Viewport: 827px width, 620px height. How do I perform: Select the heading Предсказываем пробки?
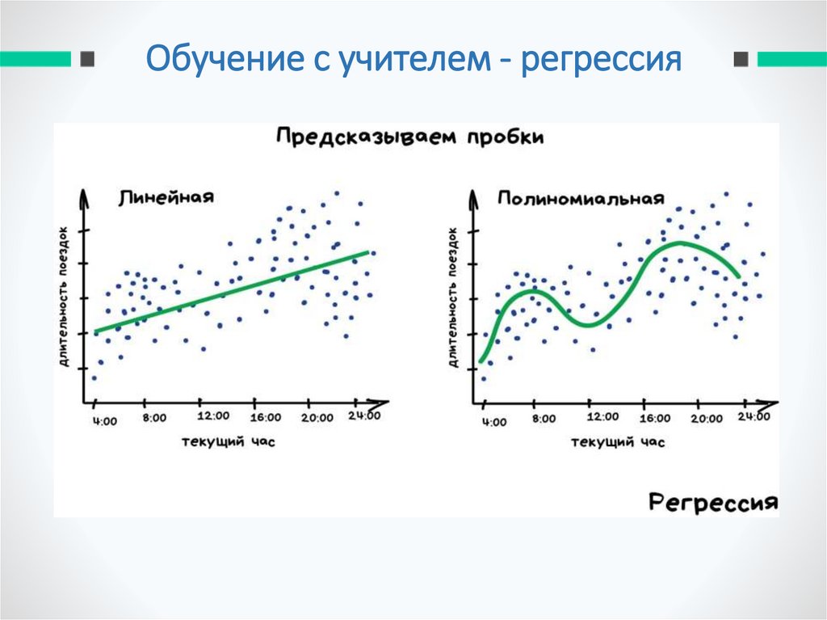pos(409,137)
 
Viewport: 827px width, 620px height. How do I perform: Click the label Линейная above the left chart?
pos(166,196)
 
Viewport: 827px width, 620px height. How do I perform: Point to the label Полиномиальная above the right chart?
pos(581,198)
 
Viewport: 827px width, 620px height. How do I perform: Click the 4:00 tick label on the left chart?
pos(104,420)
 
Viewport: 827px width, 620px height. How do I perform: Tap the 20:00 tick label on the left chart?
pos(317,417)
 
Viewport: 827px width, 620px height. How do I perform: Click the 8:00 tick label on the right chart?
pos(544,419)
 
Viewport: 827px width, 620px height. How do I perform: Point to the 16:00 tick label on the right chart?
pos(654,418)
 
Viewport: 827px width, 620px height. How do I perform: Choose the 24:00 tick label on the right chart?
pos(753,416)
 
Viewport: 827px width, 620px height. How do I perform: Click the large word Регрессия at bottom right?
pos(713,502)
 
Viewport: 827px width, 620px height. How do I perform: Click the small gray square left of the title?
pos(87,59)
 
